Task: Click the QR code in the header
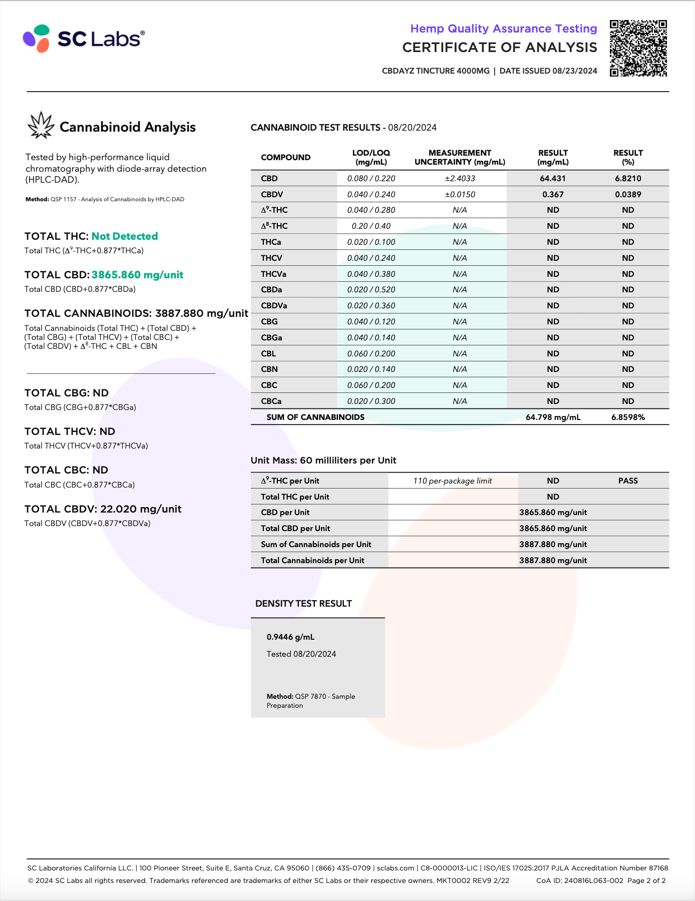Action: pos(638,48)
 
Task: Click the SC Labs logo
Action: pos(84,39)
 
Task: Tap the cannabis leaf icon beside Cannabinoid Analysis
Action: pos(41,125)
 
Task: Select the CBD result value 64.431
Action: pos(553,178)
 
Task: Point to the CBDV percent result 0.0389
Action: pos(628,194)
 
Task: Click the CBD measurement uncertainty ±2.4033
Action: pos(460,178)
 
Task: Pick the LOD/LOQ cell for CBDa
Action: pos(371,289)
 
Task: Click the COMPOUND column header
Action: pos(285,157)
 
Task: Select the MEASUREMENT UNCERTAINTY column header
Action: pos(460,157)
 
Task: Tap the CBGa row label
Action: pos(271,337)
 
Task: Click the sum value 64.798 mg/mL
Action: pos(553,417)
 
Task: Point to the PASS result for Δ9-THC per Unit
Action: pos(628,481)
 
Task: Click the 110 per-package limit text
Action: pos(452,481)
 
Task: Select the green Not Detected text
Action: pos(125,236)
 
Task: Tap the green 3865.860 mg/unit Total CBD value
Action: pos(137,275)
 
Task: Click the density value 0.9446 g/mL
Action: pos(290,637)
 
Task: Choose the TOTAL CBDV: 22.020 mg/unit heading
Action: pos(103,509)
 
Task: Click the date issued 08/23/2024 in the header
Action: pos(575,71)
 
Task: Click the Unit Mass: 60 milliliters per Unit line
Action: pos(323,460)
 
